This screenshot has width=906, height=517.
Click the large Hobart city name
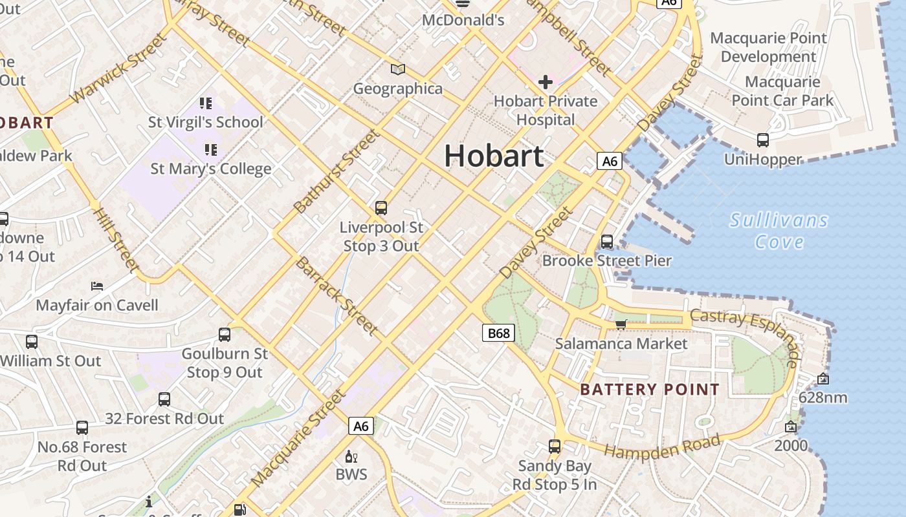pyautogui.click(x=494, y=156)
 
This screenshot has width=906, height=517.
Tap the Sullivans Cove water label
pyautogui.click(x=779, y=231)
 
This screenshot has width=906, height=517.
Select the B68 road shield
pyautogui.click(x=498, y=333)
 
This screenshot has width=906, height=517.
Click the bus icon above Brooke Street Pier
pyautogui.click(x=606, y=242)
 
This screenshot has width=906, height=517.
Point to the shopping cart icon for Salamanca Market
pyautogui.click(x=621, y=324)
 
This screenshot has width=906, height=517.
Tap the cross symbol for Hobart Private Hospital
pyautogui.click(x=546, y=82)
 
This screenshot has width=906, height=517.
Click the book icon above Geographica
pyautogui.click(x=398, y=69)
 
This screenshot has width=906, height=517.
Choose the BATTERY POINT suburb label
pyautogui.click(x=650, y=389)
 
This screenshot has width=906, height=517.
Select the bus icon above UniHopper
pyautogui.click(x=763, y=140)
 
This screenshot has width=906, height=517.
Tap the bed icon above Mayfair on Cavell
pyautogui.click(x=97, y=286)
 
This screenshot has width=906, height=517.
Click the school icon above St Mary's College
pyautogui.click(x=210, y=150)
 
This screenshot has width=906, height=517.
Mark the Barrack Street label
pyautogui.click(x=337, y=296)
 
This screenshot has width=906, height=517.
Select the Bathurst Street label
pyautogui.click(x=336, y=172)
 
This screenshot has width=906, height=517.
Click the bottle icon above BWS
pyautogui.click(x=351, y=456)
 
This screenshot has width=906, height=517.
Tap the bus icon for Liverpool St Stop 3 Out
pyautogui.click(x=381, y=208)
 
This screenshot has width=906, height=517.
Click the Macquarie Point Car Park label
pyautogui.click(x=782, y=91)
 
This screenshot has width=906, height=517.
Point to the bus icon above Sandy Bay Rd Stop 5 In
pyautogui.click(x=555, y=446)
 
